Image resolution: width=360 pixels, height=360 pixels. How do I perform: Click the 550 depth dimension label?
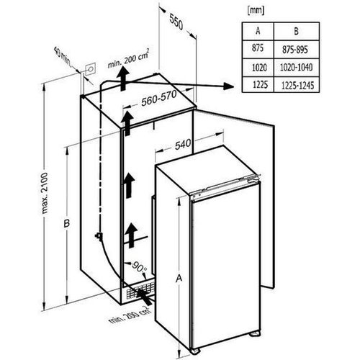click(x=176, y=22)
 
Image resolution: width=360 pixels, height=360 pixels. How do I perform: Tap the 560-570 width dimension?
click(x=159, y=98)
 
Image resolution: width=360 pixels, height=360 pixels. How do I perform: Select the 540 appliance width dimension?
click(x=183, y=145)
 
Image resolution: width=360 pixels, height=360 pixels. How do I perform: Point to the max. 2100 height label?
click(x=45, y=193)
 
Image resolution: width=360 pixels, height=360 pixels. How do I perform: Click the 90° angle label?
click(x=140, y=267)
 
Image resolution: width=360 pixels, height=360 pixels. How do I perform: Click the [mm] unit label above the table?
click(x=256, y=10)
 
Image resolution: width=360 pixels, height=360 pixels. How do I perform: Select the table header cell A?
click(x=258, y=31)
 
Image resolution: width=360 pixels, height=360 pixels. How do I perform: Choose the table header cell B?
click(x=297, y=31)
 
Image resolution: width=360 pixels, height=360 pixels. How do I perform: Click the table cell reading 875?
click(x=258, y=48)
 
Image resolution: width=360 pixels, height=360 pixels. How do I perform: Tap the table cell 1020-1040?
click(x=297, y=68)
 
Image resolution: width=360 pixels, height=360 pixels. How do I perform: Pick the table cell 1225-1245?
click(x=298, y=85)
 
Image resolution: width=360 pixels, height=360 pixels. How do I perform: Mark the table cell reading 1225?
click(x=260, y=84)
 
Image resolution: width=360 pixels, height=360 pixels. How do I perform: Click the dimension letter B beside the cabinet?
click(x=66, y=223)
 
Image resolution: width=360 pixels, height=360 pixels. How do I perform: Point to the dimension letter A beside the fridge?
click(x=179, y=278)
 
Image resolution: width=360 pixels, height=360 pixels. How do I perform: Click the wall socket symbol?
click(x=91, y=69)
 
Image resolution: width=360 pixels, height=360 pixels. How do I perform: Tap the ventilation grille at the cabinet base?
click(x=140, y=291)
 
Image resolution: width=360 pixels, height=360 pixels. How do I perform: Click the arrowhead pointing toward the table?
click(x=228, y=86)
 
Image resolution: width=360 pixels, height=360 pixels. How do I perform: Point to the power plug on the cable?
click(x=99, y=236)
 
